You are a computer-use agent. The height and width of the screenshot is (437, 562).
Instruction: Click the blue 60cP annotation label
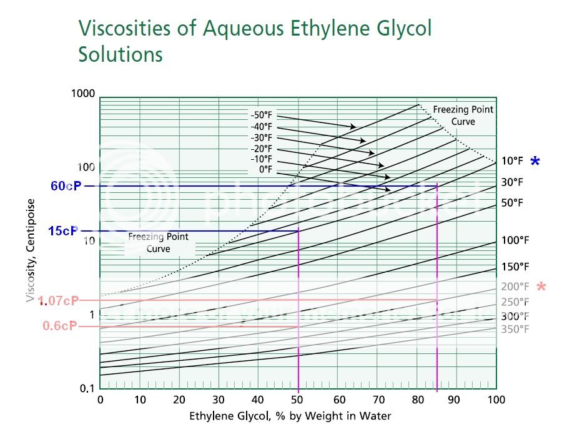[66, 186]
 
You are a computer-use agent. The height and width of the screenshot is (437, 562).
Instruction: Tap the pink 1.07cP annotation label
[59, 301]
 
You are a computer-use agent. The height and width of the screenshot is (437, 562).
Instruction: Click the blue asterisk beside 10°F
[535, 162]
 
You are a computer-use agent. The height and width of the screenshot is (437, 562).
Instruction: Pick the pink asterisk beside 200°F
[541, 287]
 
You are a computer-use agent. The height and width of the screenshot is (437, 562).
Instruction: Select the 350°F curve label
[515, 329]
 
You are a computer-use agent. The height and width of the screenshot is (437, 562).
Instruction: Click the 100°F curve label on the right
[515, 240]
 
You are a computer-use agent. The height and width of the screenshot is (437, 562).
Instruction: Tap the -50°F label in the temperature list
[262, 115]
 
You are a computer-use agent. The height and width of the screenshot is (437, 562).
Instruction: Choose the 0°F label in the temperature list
[265, 169]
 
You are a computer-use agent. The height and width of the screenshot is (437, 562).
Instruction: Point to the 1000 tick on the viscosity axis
[83, 94]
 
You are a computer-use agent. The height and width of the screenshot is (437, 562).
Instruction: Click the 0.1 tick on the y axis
[87, 388]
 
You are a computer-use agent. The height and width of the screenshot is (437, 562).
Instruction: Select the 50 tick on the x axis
[298, 400]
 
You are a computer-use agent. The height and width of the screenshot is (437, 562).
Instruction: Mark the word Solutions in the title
[121, 54]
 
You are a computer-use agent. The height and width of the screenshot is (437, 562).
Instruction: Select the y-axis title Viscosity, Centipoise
[30, 250]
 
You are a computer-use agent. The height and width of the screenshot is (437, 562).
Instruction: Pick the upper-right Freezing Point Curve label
[463, 115]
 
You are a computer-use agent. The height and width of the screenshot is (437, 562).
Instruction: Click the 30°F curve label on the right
[512, 182]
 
